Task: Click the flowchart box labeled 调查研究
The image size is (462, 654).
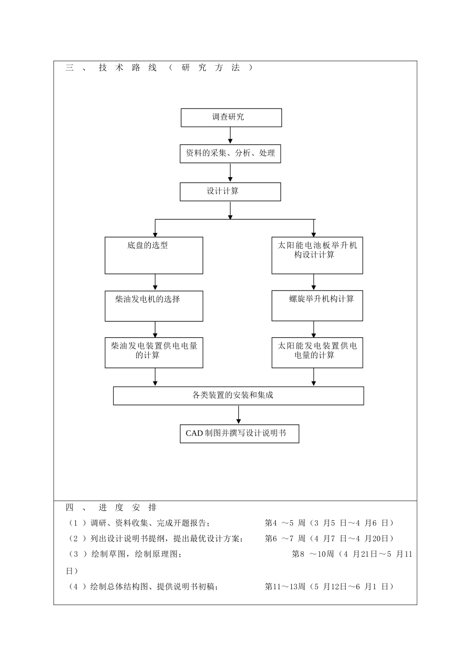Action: pyautogui.click(x=231, y=118)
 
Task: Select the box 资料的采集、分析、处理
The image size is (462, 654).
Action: pyautogui.click(x=230, y=154)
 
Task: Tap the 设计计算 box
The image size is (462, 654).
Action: pyautogui.click(x=230, y=192)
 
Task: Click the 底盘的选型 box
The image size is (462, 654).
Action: pyautogui.click(x=154, y=255)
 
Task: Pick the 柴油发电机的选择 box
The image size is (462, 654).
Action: pyautogui.click(x=154, y=306)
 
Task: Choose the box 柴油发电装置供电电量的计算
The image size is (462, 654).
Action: pyautogui.click(x=154, y=353)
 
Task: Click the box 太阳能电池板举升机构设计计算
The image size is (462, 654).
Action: pyautogui.click(x=317, y=255)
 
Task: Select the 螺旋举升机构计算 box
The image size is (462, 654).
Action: pyautogui.click(x=317, y=306)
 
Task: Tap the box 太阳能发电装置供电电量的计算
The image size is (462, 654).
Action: pyautogui.click(x=317, y=353)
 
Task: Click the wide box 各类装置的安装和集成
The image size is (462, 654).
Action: pyautogui.click(x=238, y=396)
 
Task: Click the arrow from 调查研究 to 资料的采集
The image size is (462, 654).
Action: pyautogui.click(x=231, y=136)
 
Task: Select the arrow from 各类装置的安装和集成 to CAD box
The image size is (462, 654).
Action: pyautogui.click(x=239, y=415)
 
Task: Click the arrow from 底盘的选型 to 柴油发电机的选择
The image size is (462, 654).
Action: pyautogui.click(x=155, y=282)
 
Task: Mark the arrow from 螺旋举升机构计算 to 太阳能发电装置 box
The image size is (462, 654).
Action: pyautogui.click(x=314, y=329)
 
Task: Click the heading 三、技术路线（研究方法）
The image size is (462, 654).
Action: pyautogui.click(x=160, y=68)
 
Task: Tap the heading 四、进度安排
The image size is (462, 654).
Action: pyautogui.click(x=111, y=508)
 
